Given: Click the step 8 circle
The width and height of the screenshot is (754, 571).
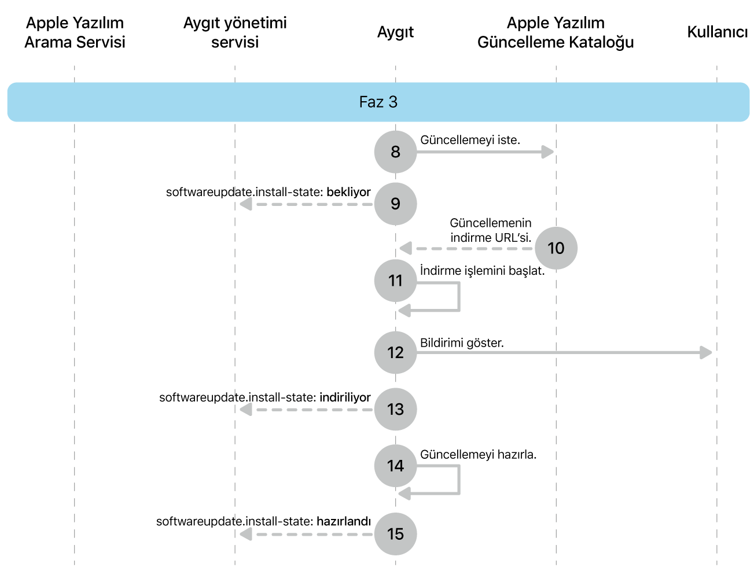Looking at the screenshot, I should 395,152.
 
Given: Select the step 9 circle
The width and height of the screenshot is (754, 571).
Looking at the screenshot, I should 395,204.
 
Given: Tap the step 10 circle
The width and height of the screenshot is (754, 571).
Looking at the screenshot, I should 556,248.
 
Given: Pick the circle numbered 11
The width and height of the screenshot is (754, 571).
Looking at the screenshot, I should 395,281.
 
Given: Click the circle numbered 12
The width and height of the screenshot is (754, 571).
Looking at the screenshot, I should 395,352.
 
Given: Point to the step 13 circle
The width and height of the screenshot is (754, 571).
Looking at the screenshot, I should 395,409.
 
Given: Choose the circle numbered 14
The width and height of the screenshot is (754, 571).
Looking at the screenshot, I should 395,466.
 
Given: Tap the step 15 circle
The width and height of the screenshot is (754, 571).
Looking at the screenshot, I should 395,533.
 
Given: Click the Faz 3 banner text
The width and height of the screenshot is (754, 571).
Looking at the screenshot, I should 378,102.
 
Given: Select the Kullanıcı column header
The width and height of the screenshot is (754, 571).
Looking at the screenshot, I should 717,32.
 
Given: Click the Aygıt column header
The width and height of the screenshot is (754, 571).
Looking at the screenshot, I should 395,32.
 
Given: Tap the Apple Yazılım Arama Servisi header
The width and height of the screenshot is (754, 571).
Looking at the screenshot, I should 75,32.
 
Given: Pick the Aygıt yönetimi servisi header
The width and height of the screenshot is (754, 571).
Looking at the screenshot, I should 235,32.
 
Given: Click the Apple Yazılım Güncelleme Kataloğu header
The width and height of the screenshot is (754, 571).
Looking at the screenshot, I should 556,32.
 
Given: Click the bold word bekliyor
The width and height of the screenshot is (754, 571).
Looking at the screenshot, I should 348,192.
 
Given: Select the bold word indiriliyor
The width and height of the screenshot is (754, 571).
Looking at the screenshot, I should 345,397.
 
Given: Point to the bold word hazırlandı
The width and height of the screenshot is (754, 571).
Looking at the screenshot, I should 343,521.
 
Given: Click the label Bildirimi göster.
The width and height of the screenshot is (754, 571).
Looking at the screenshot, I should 462,342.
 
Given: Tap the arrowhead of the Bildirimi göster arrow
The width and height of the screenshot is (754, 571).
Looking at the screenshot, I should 706,352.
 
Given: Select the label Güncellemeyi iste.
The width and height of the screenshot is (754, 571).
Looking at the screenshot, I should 470,140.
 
